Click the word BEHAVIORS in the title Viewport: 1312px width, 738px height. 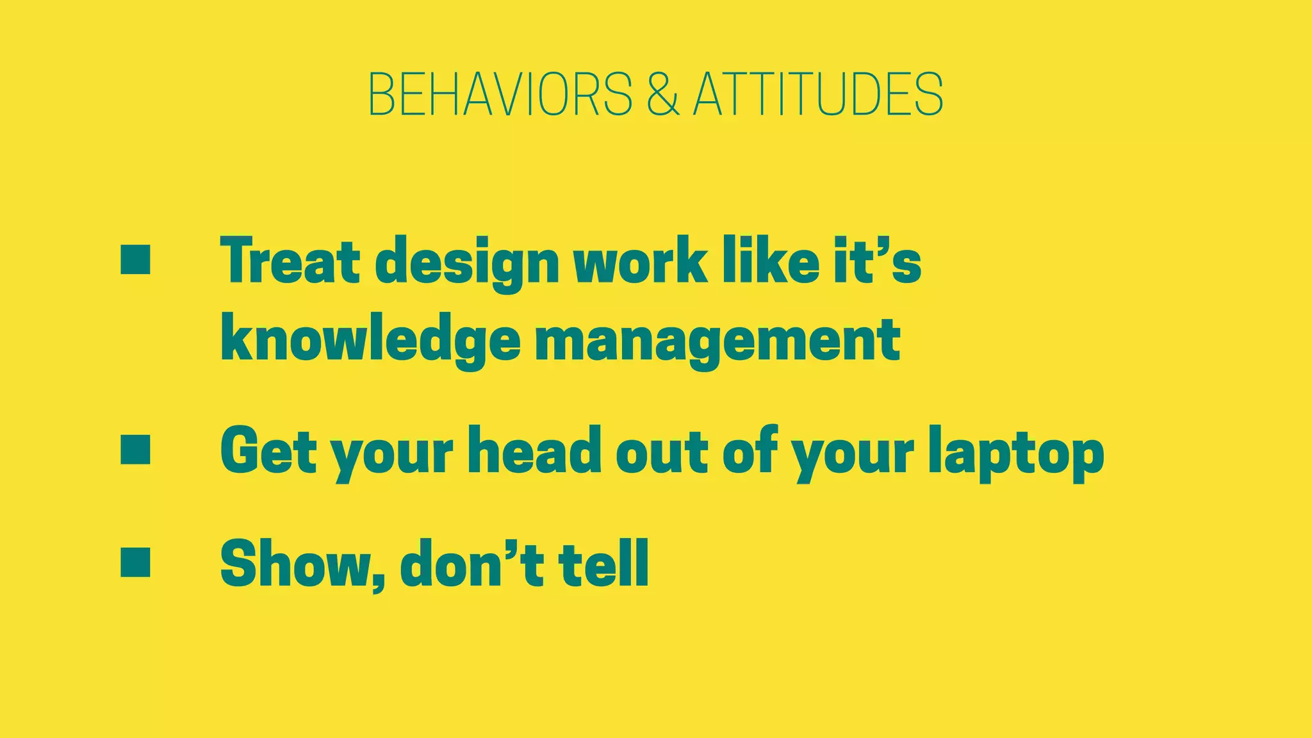500,94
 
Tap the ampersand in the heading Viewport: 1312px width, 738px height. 662,94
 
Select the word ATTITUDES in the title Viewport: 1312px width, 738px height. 818,94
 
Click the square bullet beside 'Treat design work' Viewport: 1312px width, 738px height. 135,259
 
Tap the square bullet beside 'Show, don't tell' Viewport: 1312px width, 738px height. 135,562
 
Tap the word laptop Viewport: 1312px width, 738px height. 1016,452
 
